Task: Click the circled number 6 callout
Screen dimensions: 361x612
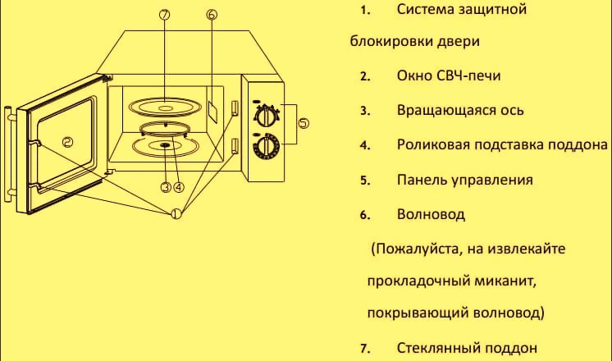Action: (211, 16)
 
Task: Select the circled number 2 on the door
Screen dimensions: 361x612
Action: (67, 141)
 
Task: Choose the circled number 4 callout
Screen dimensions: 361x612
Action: (178, 187)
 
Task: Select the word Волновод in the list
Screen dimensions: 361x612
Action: (431, 215)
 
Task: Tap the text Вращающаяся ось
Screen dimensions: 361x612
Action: (459, 110)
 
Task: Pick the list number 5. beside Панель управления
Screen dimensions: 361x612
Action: (365, 180)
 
